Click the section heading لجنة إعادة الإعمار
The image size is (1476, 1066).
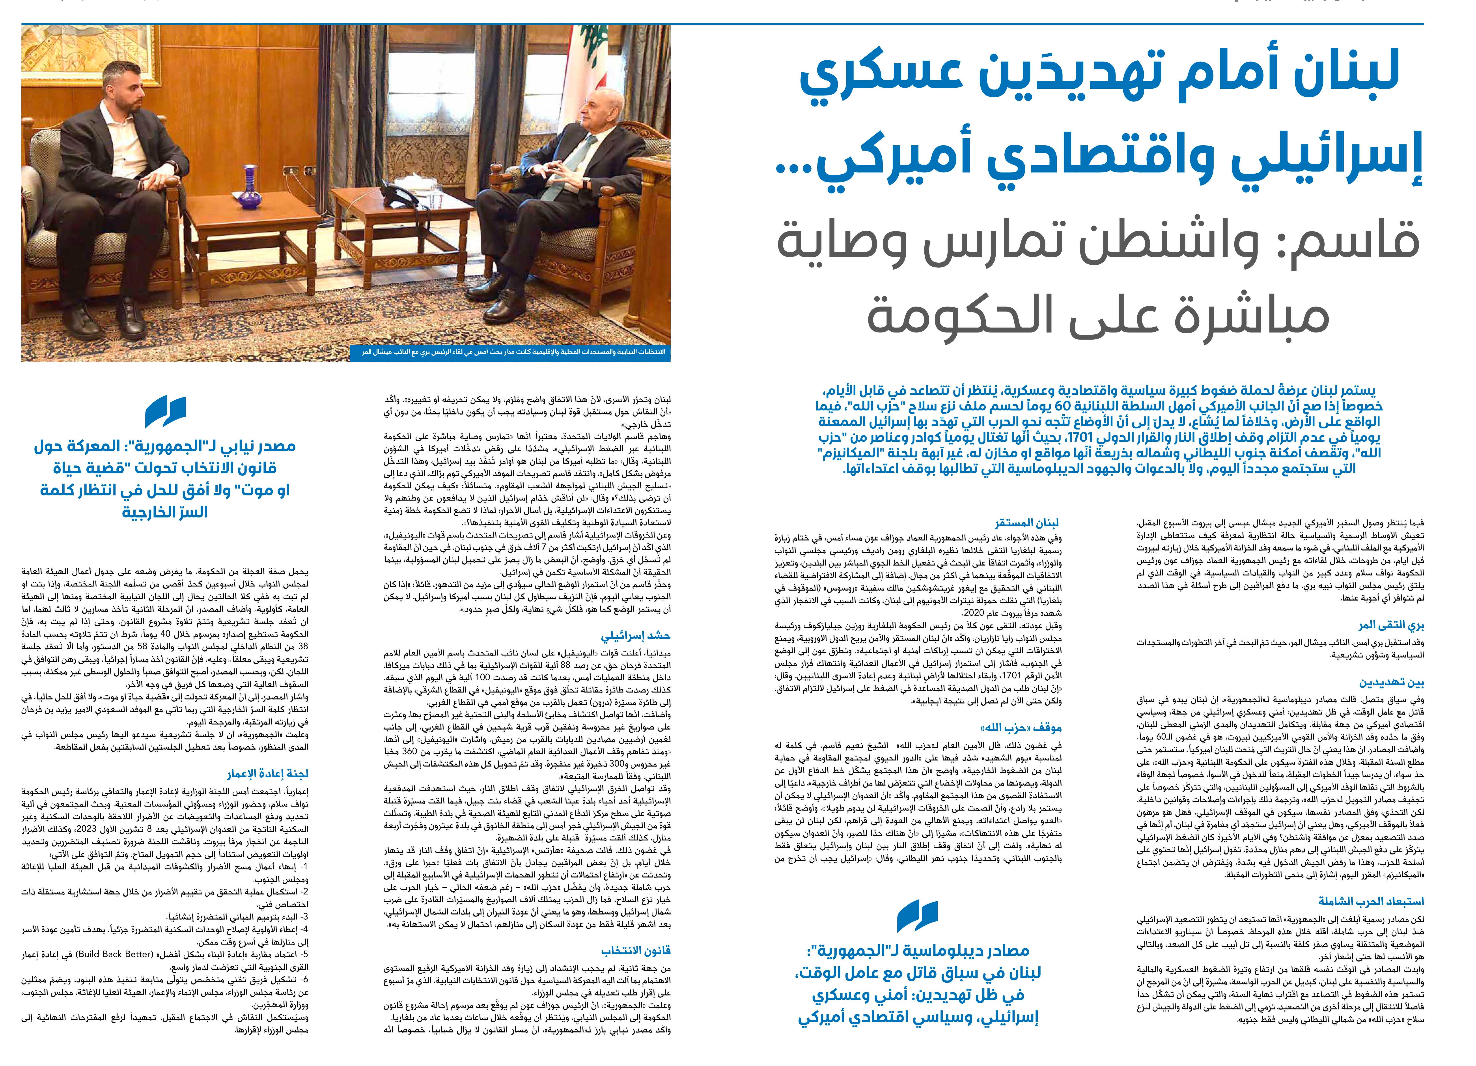click(267, 774)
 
